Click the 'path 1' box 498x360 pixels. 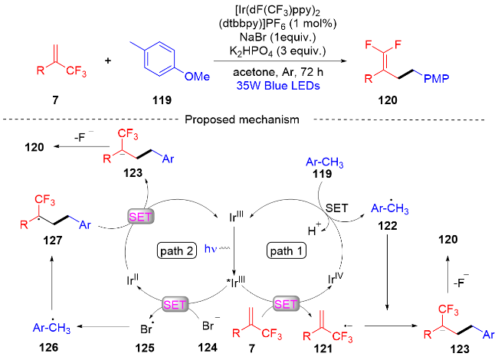pos(287,250)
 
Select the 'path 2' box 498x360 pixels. pos(177,250)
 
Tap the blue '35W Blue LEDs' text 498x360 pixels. pos(278,86)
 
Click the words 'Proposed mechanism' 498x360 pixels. pos(242,119)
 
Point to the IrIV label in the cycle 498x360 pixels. pos(336,278)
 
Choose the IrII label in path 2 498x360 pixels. pos(133,280)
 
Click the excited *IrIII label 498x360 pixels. pos(236,282)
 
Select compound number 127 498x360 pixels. pos(52,241)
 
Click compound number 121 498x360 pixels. pos(323,349)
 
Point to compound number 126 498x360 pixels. pos(49,347)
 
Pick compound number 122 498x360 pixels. pos(388,226)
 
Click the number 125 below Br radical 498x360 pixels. pos(145,348)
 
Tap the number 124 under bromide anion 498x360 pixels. pos(208,348)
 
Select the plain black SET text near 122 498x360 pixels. pos(336,208)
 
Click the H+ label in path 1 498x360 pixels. pos(314,230)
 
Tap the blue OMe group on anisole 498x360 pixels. pos(197,77)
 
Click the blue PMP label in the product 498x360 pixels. pos(437,78)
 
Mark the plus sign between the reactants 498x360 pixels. pos(108,61)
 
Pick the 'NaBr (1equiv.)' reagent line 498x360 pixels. pos(278,37)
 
